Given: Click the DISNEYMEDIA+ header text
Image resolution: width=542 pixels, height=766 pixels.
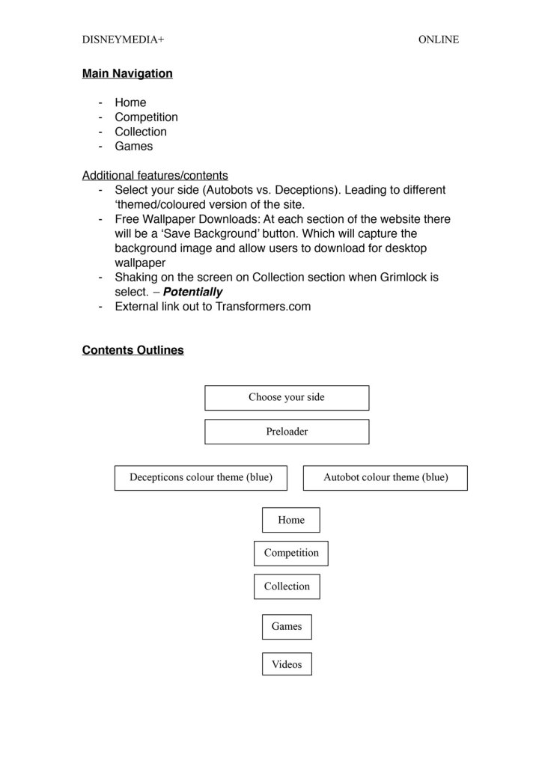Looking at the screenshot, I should click(x=123, y=40).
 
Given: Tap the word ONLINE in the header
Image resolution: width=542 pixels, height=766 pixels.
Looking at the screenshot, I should click(x=439, y=40).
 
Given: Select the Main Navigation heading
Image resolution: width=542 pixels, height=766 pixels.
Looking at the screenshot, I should click(x=127, y=73).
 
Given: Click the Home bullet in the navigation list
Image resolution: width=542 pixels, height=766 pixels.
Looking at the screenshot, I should click(x=130, y=102).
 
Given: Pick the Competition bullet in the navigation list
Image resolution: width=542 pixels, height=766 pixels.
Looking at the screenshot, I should click(x=146, y=117).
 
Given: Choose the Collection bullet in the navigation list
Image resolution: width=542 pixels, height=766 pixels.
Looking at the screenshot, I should click(x=141, y=132).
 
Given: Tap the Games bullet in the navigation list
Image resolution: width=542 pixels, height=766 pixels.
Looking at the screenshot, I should click(x=133, y=146).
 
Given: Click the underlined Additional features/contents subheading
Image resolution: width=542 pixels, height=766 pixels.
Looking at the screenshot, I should click(x=155, y=176).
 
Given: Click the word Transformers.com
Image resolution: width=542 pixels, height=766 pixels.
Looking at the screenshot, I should click(x=263, y=306).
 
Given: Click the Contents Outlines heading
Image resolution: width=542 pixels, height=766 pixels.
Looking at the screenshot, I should click(x=133, y=350).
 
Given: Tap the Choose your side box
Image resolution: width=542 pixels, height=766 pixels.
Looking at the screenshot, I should click(x=287, y=397).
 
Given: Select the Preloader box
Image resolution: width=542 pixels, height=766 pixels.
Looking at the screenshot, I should click(x=287, y=432).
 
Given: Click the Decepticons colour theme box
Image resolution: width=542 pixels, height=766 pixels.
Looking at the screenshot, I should click(x=201, y=477).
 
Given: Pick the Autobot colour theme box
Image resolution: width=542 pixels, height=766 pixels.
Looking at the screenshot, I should click(x=385, y=477).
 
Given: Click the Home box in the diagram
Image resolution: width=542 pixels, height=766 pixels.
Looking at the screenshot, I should click(x=290, y=520).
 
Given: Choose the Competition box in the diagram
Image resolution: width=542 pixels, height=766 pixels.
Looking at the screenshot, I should click(x=290, y=553).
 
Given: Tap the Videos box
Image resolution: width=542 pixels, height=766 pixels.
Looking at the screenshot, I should click(x=287, y=664).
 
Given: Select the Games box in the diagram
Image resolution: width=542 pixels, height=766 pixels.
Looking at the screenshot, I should click(x=287, y=626).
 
